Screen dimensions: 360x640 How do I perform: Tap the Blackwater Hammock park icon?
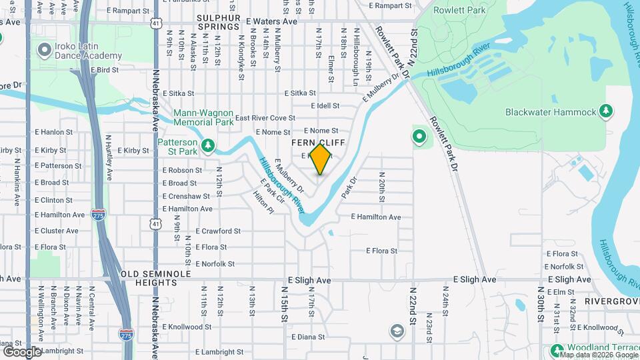(606, 111)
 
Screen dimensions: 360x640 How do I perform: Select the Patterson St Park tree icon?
(208, 145)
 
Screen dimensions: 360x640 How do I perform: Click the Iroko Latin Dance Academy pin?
(45, 49)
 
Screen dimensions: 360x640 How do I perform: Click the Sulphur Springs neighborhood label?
(218, 21)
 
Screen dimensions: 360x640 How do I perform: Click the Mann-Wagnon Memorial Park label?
(203, 117)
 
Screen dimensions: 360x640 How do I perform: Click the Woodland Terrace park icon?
(557, 349)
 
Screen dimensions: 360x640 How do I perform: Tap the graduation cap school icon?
(397, 332)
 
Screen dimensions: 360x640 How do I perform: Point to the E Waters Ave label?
(271, 21)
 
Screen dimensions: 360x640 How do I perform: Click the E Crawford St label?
(218, 231)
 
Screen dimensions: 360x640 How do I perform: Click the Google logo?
(22, 351)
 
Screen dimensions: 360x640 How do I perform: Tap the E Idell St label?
(325, 106)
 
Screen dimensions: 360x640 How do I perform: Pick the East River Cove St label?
(265, 118)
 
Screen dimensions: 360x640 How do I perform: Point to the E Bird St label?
(104, 69)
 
